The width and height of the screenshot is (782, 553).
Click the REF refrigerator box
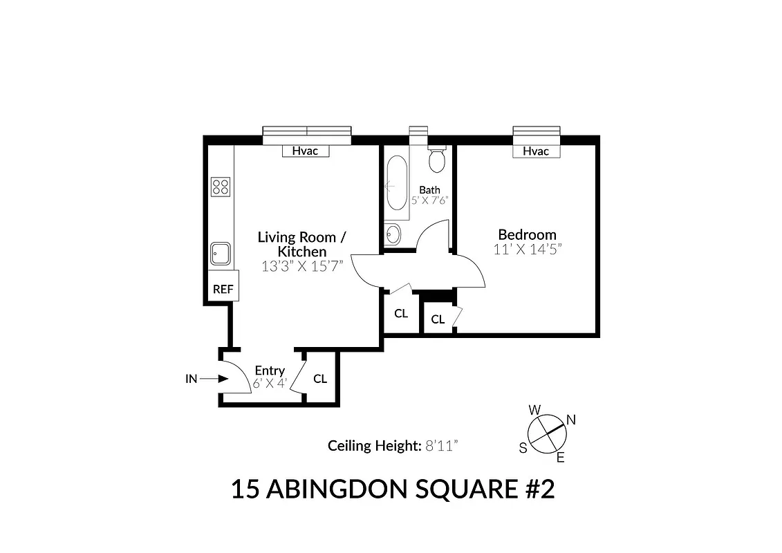tap(223, 289)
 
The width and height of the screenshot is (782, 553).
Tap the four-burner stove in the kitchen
tap(221, 186)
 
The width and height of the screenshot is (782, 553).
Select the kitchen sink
tap(221, 254)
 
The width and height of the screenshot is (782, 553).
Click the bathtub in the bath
tap(397, 184)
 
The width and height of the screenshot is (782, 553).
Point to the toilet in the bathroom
tap(436, 160)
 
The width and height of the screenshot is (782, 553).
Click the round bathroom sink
tap(392, 234)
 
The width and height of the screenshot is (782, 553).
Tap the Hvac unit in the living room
tap(305, 151)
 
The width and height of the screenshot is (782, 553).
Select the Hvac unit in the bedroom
tap(535, 151)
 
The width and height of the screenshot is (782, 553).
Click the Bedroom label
tap(527, 235)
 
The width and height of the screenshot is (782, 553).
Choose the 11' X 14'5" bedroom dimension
tap(527, 250)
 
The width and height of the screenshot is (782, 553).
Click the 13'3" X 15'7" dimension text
tap(302, 266)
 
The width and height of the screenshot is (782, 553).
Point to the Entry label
tap(270, 371)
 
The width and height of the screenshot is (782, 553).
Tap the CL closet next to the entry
tap(320, 379)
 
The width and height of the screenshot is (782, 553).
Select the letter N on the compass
tap(571, 420)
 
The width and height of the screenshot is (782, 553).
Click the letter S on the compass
tap(523, 447)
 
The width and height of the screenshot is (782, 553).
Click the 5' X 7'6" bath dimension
tap(429, 200)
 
